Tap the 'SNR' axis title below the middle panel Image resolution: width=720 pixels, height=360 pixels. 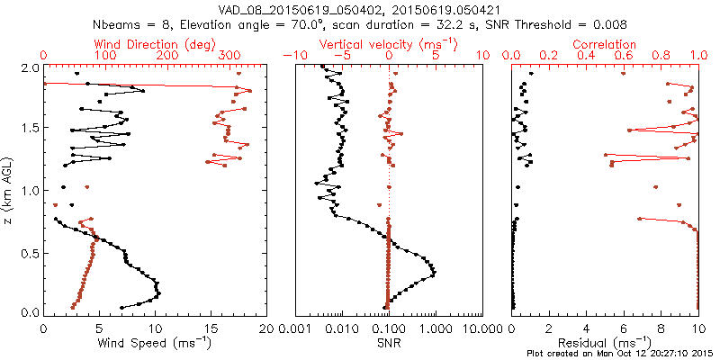388,343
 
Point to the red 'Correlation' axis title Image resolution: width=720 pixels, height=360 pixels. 605,44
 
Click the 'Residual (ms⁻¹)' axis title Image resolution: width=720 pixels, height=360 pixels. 605,343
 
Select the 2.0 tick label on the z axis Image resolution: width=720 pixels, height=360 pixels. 30,68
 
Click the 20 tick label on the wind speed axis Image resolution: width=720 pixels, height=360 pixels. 266,329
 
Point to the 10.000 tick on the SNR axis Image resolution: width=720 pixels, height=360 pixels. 483,329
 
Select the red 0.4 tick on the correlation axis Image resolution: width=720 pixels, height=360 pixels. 587,56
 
